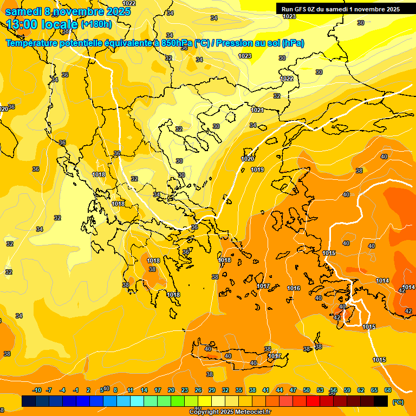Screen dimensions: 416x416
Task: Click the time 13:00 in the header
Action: pyautogui.click(x=24, y=24)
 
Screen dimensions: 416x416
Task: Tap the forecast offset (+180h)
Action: pyautogui.click(x=96, y=24)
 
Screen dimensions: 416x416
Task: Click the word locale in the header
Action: pyautogui.click(x=62, y=24)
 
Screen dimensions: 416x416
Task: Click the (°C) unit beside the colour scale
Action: pyautogui.click(x=398, y=402)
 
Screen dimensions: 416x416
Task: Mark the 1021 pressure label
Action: pyautogui.click(x=257, y=110)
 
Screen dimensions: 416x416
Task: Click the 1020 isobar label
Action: pyautogui.click(x=248, y=159)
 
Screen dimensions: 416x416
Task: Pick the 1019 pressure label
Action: pyautogui.click(x=257, y=170)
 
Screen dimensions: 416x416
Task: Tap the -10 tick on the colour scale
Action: pyautogui.click(x=37, y=390)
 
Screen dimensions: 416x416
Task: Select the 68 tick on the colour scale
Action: pyautogui.click(x=388, y=390)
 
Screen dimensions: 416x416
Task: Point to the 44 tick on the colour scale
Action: pyautogui.click(x=279, y=390)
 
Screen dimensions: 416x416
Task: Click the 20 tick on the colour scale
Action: pyautogui.click(x=171, y=390)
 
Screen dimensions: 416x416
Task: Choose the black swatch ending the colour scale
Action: pyautogui.click(x=381, y=401)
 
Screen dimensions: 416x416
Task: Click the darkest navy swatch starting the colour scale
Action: pyautogui.click(x=29, y=401)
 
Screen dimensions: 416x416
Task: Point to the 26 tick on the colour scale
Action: pyautogui.click(x=198, y=390)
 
